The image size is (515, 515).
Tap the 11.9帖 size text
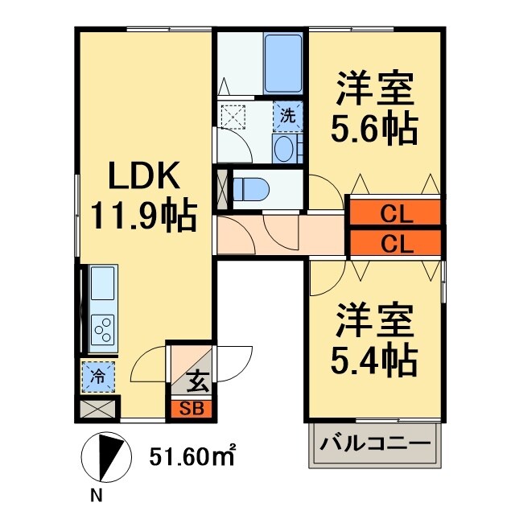pos(143,215)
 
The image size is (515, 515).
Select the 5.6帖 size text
pos(375,129)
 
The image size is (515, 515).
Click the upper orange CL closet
pos(394,214)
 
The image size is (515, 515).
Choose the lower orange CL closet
pos(394,242)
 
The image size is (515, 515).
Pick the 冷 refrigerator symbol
pos(97,376)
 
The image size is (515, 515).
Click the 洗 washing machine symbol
pos(287,114)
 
